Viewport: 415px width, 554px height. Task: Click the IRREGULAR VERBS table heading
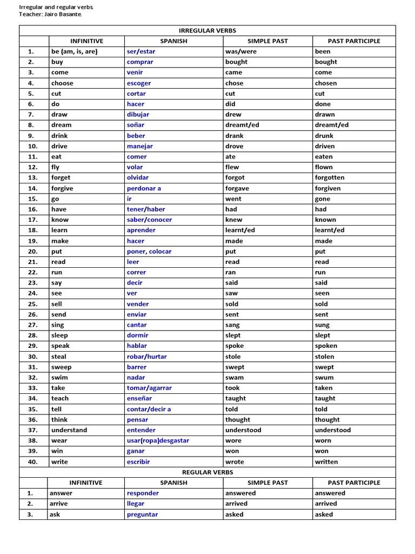click(207, 31)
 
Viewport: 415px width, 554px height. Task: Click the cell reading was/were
click(241, 51)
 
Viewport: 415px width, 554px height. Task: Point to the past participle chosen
click(326, 83)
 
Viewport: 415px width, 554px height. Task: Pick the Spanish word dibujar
click(138, 115)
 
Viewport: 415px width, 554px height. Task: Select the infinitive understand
click(69, 430)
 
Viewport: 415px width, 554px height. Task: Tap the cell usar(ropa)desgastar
click(158, 440)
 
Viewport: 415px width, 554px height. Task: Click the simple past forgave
click(238, 188)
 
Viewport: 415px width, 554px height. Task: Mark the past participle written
click(326, 461)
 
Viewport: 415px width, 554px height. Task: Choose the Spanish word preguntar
click(143, 515)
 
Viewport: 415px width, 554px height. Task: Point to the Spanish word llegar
click(136, 504)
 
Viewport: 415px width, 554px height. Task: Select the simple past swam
click(235, 378)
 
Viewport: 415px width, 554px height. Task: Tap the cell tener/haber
click(146, 209)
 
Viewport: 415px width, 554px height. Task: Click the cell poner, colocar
click(149, 252)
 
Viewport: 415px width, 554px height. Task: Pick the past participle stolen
click(324, 357)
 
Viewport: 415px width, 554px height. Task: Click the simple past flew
click(232, 167)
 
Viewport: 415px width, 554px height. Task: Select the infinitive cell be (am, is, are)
click(75, 51)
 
